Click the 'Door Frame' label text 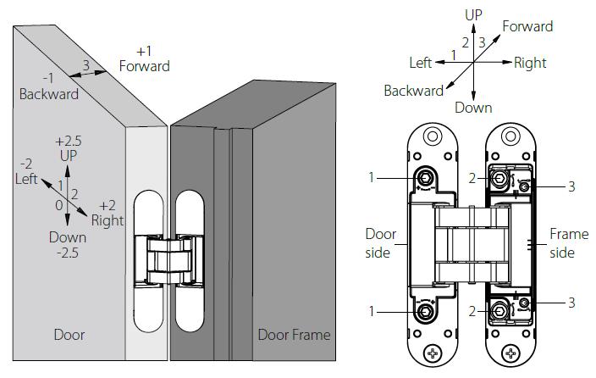294,334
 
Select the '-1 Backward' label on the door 49,86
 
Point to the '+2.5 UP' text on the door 69,148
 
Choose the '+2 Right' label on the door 108,214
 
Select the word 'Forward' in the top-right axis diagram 527,26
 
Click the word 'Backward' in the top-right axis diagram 414,91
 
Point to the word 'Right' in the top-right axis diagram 530,63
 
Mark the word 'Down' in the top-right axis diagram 473,108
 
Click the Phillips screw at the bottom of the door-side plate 434,352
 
